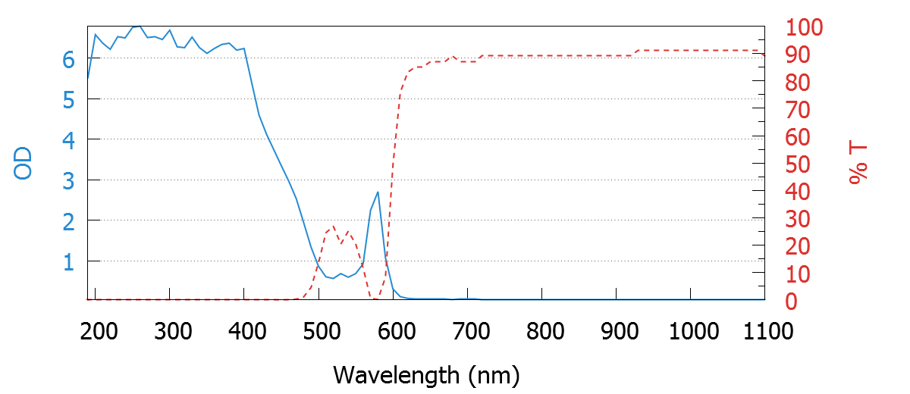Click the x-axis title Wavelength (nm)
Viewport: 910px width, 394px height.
tap(425, 374)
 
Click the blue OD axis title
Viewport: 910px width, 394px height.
tap(24, 164)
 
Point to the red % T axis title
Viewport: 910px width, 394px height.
tap(858, 164)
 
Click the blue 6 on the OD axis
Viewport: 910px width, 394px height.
tap(69, 59)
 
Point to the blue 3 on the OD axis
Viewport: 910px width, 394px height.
tap(69, 180)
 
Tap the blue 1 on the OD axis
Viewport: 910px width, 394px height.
tap(69, 261)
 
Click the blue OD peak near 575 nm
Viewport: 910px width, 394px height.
tap(378, 192)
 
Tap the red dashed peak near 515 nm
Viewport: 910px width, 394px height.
tap(333, 227)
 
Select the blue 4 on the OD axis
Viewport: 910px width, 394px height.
tap(69, 140)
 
